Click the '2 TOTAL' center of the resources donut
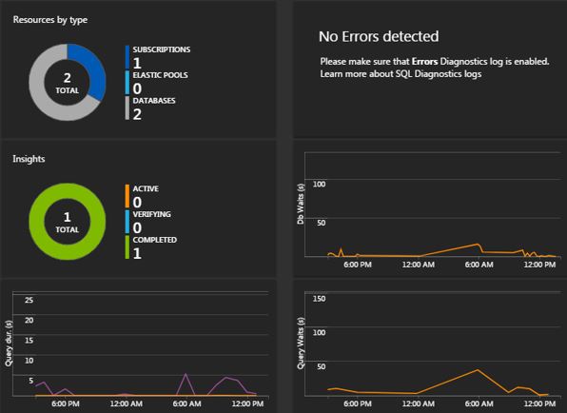coord(67,82)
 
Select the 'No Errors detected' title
coord(379,37)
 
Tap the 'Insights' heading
coord(29,159)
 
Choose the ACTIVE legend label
coord(146,188)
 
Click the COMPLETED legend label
coord(154,240)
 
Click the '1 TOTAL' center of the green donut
coord(67,222)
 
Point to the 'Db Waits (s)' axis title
coord(302,205)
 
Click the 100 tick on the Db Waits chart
coord(320,184)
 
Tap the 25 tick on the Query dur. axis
coord(29,301)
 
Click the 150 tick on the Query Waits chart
coord(320,299)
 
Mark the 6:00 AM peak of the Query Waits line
coord(478,370)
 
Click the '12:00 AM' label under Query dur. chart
coord(127,403)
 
